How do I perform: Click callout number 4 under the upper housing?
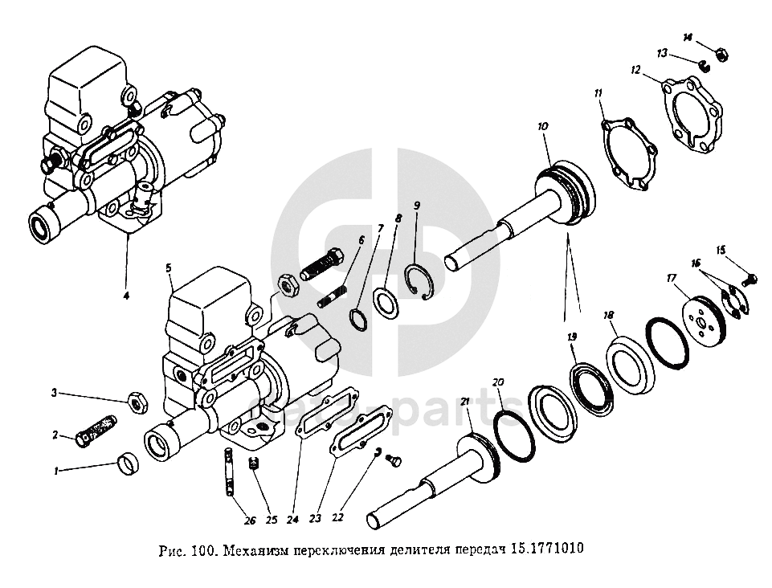point(125,296)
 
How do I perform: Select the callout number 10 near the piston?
point(543,126)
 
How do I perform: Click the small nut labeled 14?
point(721,55)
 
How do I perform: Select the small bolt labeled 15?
point(750,279)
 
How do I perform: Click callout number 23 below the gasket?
point(314,519)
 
